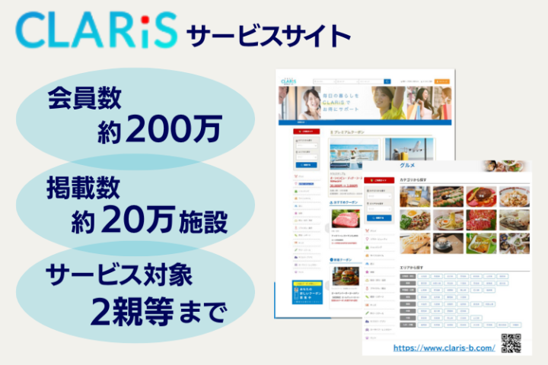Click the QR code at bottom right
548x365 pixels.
pos(511,344)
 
